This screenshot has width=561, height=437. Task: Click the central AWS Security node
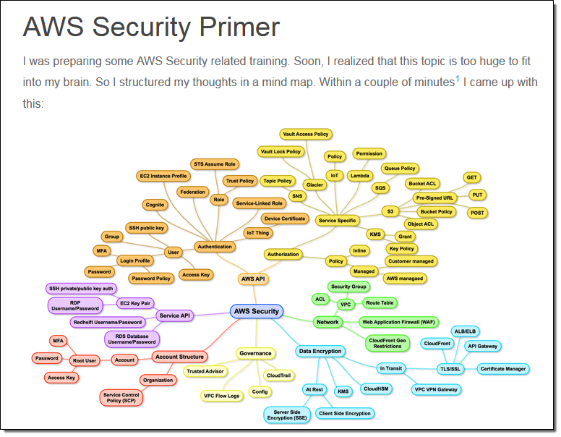256,312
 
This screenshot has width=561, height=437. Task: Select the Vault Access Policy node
306,134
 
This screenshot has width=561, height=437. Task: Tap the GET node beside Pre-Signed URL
472,177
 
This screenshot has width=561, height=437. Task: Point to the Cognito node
155,205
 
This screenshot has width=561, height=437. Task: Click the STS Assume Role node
215,164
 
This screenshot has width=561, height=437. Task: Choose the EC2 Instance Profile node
163,176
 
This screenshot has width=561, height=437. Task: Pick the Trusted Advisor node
205,371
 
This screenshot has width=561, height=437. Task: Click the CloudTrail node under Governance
278,376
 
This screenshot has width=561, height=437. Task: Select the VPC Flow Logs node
221,396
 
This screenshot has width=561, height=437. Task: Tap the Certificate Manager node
503,369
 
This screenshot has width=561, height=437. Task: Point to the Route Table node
380,303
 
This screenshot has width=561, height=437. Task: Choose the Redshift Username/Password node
108,322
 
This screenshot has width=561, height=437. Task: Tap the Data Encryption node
320,352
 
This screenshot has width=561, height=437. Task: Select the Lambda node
359,176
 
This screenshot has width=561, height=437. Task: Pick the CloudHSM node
377,389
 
